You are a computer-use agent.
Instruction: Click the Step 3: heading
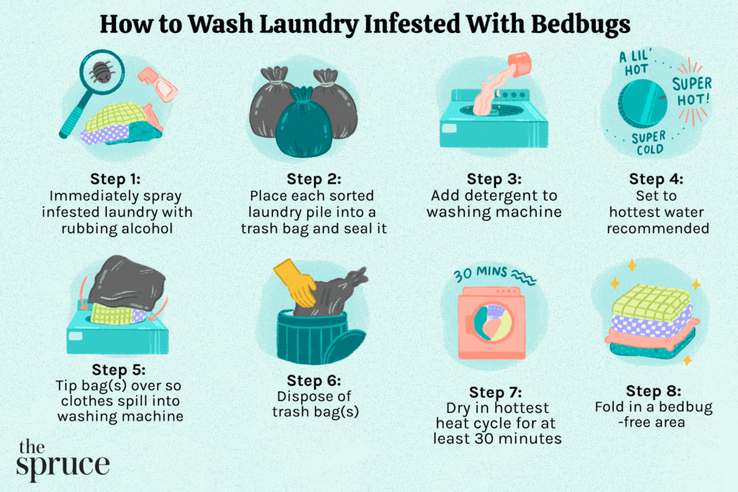[494, 178]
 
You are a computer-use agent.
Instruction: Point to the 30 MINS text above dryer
[481, 274]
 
